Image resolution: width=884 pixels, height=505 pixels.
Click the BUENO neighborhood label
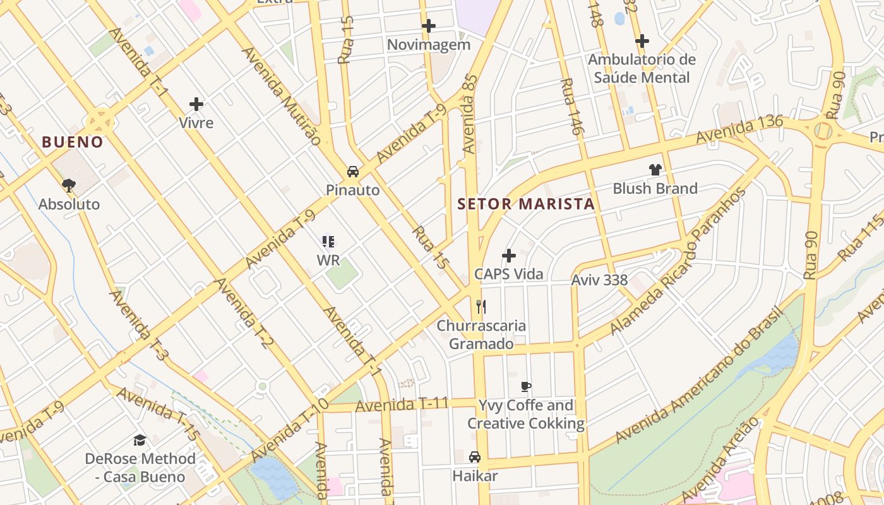point(72,142)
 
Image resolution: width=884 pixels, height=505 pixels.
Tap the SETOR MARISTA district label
point(526,204)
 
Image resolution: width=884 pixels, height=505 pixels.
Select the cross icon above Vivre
point(196,104)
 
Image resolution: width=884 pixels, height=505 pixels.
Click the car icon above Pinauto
point(352,171)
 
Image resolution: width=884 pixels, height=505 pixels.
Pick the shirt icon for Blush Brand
point(655,170)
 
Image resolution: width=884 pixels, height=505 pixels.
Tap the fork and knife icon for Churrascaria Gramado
point(481,307)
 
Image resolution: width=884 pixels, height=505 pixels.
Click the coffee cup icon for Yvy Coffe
point(525,386)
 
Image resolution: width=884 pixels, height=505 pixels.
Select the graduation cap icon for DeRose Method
point(140,440)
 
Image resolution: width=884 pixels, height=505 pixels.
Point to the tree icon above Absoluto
point(69,185)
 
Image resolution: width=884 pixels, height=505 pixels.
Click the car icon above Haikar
point(475,457)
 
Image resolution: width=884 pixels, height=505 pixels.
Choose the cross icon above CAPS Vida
point(508,256)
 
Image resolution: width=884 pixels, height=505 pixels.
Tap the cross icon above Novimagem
point(429,26)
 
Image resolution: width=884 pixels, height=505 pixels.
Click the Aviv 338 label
point(599,280)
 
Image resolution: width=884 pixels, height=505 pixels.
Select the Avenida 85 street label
point(470,114)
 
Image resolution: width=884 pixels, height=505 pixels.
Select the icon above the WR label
point(328,241)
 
